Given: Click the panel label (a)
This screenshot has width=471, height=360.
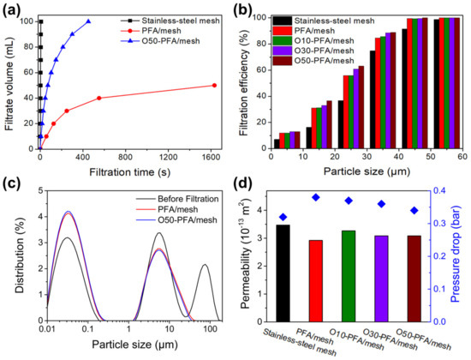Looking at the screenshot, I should (12, 10).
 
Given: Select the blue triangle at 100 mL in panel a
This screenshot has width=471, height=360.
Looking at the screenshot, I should (88, 21).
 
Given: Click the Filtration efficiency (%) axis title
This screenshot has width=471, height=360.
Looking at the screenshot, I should (246, 83).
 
